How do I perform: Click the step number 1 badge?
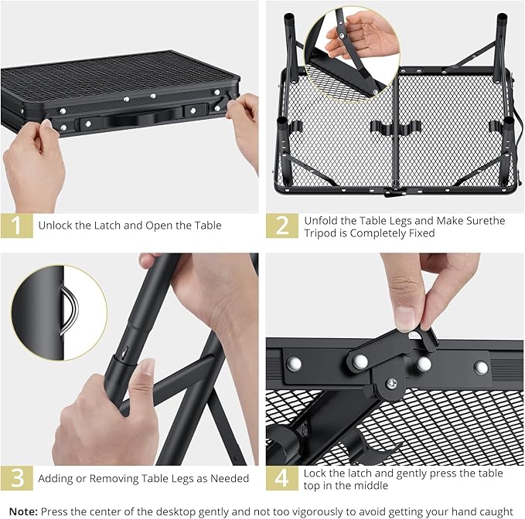[x=16, y=226]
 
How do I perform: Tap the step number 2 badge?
[x=281, y=226]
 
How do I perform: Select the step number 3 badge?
[x=16, y=478]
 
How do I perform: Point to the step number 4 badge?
[x=281, y=478]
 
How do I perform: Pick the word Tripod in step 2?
[x=321, y=233]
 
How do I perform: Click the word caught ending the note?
[x=496, y=511]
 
